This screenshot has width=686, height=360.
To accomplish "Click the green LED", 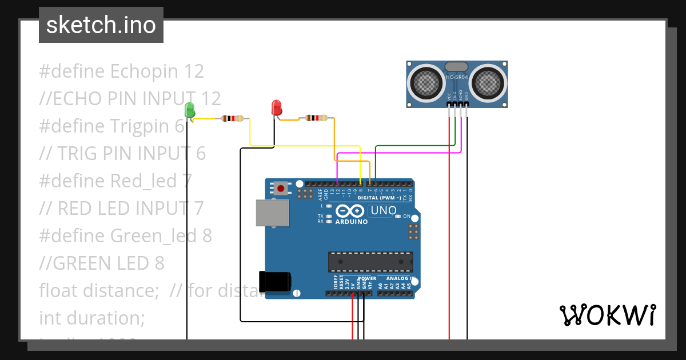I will coord(190,110).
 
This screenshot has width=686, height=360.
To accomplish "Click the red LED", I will coord(276,107).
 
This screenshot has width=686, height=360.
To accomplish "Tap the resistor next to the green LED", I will coord(232,119).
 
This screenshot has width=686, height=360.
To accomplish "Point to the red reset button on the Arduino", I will coord(281,188).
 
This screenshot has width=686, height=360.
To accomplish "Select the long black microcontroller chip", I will coord(370,262).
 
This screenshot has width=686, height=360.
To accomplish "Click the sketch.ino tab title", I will coord(101,25).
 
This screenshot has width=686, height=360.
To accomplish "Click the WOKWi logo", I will coord(607,315).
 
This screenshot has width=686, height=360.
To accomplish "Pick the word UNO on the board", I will coord(384,210).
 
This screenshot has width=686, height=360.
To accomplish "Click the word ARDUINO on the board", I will coord(352,222).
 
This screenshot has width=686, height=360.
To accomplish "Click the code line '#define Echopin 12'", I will coord(122,71).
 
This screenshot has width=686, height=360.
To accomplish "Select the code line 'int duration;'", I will coord(92,318).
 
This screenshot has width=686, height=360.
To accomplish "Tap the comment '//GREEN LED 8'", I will coord(102,263).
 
